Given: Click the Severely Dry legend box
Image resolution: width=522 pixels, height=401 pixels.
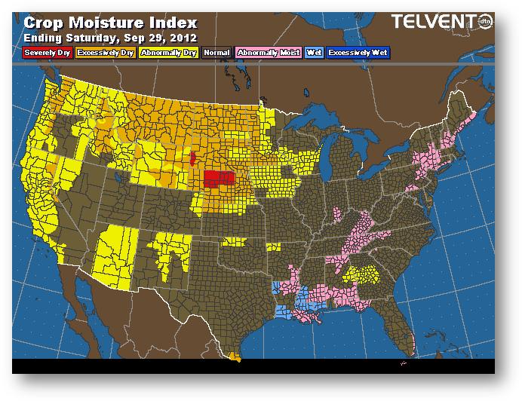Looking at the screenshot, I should point(47,54).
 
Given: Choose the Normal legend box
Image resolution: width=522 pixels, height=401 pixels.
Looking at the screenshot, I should point(216,54).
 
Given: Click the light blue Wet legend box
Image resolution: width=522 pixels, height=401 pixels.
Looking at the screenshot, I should point(313,54).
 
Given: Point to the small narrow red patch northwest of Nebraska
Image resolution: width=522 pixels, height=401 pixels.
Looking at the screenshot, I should point(193,159).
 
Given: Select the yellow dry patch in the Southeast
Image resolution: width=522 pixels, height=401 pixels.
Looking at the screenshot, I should point(361,275).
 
